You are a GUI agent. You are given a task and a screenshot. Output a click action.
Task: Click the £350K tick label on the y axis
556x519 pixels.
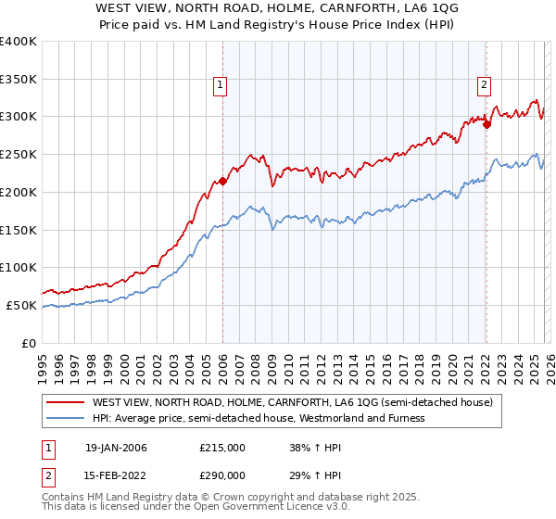point(19,80)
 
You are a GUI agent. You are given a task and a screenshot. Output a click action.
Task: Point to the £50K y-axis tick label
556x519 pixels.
point(21,305)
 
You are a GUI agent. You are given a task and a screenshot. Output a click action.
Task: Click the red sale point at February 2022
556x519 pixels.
point(486,124)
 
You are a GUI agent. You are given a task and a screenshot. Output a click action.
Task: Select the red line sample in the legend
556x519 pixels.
point(65,402)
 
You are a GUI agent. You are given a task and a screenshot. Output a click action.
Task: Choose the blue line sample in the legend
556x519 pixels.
point(65,418)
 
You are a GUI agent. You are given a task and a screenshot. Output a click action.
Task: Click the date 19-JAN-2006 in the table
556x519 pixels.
point(116,448)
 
